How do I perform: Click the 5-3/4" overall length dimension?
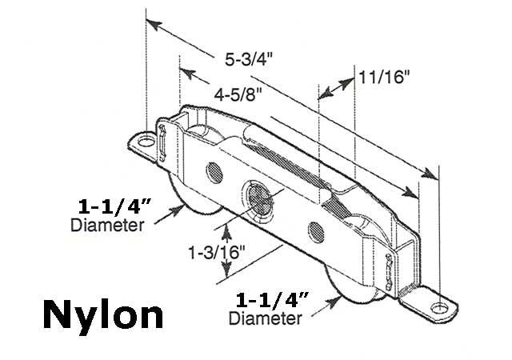tap(250, 58)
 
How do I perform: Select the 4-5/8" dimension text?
tap(238, 94)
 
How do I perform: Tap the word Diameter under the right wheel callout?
tap(265, 319)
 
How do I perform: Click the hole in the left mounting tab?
tap(146, 140)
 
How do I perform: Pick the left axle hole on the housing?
tap(214, 172)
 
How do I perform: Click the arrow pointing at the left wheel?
tap(167, 214)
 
